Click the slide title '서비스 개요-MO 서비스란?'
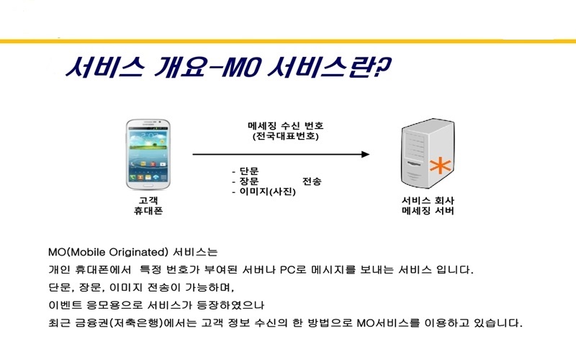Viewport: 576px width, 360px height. [x=228, y=67]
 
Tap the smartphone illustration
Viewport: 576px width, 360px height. [x=148, y=154]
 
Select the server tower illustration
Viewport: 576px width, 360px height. [x=428, y=153]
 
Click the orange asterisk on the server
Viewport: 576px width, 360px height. [x=440, y=166]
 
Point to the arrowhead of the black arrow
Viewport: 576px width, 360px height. [x=365, y=154]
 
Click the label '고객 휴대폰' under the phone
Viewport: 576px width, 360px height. [x=148, y=206]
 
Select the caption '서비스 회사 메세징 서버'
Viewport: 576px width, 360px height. [x=428, y=206]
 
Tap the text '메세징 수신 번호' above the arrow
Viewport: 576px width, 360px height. [x=285, y=126]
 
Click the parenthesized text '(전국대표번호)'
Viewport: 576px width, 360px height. [x=285, y=136]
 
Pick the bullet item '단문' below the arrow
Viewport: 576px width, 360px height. [x=249, y=171]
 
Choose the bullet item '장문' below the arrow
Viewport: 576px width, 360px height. [x=249, y=181]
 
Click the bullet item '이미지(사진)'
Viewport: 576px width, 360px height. [x=267, y=192]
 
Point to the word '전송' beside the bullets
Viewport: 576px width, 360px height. [x=312, y=181]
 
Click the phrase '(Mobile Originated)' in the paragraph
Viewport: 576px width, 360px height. [x=118, y=253]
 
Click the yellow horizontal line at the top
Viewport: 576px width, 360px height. [x=288, y=41]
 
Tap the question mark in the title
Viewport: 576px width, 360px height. [x=383, y=67]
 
